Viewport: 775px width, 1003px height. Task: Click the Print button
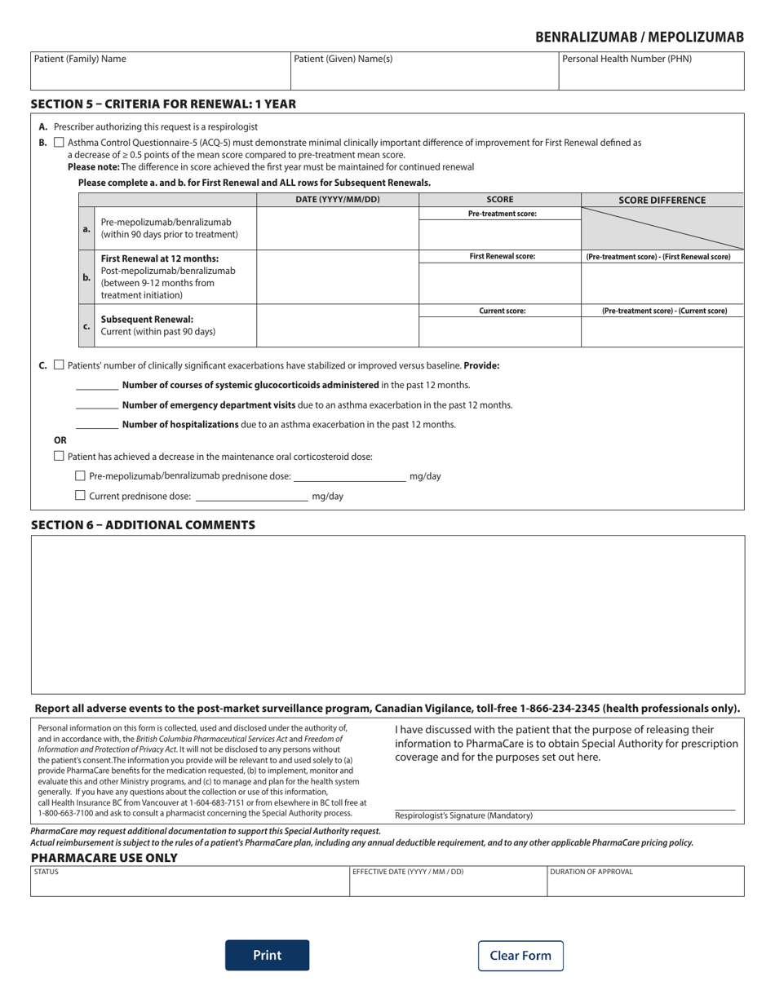point(267,955)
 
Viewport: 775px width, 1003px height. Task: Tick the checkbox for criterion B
point(59,142)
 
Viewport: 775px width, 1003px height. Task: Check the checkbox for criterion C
point(59,365)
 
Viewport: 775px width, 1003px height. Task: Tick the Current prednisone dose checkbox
point(80,495)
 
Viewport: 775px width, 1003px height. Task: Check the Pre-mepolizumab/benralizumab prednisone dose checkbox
point(80,475)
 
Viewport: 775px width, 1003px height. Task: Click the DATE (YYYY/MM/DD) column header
point(337,200)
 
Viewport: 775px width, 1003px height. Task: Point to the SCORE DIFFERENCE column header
point(662,200)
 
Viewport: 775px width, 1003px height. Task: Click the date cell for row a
point(337,228)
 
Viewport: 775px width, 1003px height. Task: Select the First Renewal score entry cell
point(499,283)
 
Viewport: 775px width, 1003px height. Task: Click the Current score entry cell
point(499,332)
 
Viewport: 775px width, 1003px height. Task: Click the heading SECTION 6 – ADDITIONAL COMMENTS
point(143,524)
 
